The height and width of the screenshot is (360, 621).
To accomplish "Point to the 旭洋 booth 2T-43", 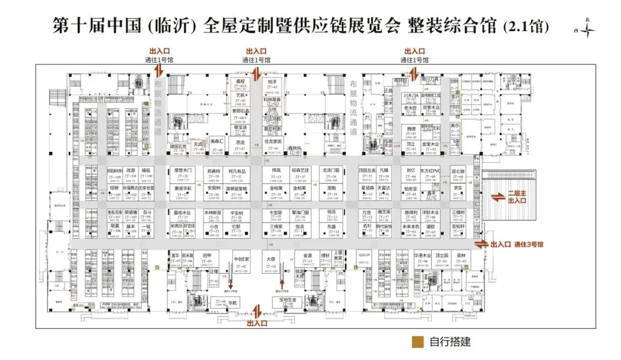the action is pos(273,84).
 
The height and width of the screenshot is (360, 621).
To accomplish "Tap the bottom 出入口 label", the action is pos(256,323).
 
